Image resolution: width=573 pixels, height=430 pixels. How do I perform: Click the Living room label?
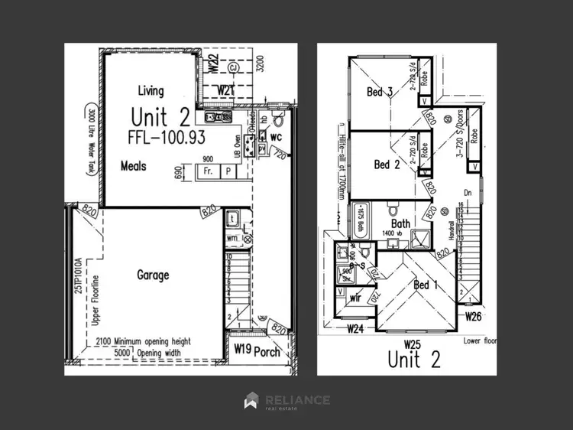[151, 91]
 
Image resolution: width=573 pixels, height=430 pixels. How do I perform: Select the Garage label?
[153, 275]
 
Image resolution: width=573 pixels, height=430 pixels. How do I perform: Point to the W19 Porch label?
[257, 352]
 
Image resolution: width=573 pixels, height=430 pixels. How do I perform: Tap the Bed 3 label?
[380, 93]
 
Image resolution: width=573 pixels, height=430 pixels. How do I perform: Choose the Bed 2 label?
[387, 165]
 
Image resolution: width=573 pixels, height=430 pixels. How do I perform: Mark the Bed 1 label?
[426, 285]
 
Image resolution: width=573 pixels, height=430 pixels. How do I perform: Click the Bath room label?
[401, 223]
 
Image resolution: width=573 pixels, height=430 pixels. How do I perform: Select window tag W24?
[354, 331]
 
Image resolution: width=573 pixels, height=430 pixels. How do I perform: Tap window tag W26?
[474, 315]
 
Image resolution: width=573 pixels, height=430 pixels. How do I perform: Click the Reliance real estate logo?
[286, 401]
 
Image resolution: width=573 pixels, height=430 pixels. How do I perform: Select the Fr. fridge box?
[208, 172]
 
